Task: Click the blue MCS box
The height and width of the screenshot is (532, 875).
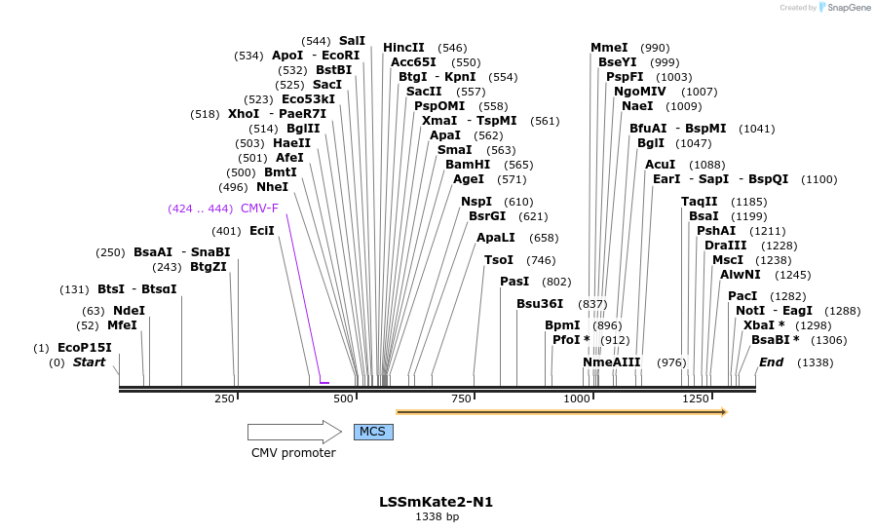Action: pos(373,432)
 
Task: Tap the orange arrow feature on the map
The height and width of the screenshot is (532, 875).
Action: pos(561,412)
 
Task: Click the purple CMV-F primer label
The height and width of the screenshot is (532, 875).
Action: pos(259,209)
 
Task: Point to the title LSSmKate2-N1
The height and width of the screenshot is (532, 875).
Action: pos(437,502)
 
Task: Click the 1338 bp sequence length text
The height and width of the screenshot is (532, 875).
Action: pos(437,517)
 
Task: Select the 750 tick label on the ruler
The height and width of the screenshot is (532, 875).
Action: pos(461,399)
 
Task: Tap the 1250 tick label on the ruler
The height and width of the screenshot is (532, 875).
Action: pos(696,399)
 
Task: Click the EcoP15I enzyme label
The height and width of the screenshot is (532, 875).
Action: pos(85,348)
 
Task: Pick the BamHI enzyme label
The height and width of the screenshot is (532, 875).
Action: pos(468,165)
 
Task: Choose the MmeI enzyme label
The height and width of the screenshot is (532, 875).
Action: pos(609,48)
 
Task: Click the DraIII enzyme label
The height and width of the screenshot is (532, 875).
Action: pos(725,246)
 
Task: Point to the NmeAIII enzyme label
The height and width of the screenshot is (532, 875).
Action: pos(612,362)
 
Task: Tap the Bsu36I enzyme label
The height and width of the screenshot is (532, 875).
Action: pos(540,304)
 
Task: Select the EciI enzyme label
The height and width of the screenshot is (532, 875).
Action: pos(262,231)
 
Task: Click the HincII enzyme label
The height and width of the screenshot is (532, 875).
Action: pos(403,48)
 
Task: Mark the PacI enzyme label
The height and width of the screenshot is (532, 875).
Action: pos(742,296)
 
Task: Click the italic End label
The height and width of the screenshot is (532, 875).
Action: pos(771,362)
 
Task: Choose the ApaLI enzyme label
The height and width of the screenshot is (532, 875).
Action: pos(496,238)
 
